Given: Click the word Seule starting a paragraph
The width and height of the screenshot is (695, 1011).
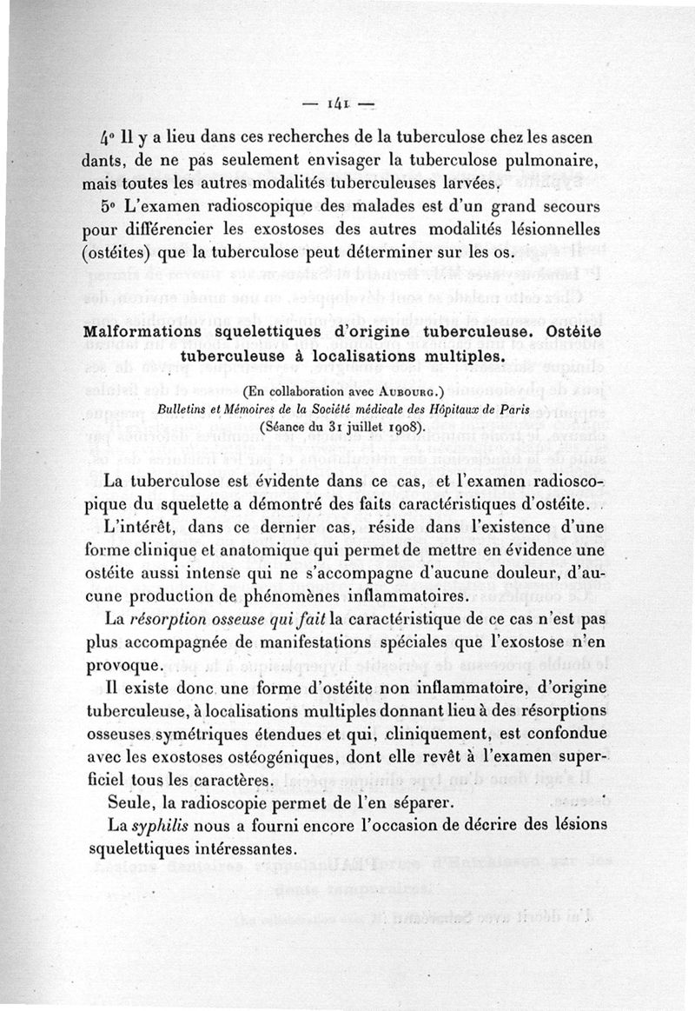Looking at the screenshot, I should tap(126, 800).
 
